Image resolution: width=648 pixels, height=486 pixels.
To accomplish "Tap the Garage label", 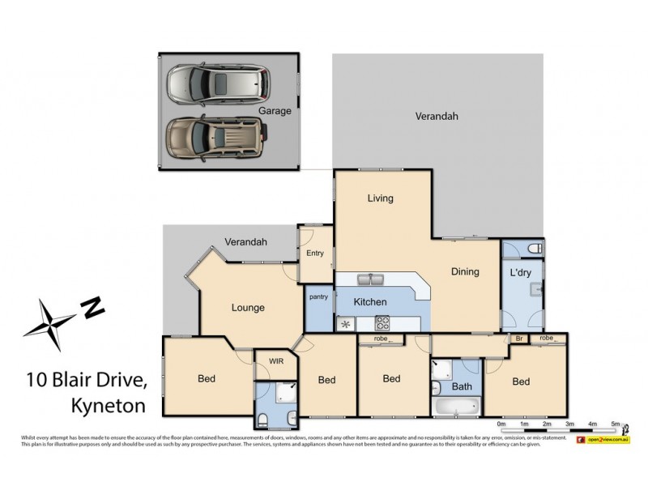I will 275,111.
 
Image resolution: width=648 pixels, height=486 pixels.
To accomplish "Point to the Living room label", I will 379,198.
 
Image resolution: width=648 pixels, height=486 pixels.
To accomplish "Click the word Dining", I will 465,272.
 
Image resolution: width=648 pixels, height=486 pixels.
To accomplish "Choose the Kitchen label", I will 369,302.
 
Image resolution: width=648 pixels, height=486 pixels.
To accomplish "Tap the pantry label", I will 318,296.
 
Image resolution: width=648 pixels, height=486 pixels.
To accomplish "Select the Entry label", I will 314,254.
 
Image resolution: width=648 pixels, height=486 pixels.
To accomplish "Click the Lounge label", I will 248,308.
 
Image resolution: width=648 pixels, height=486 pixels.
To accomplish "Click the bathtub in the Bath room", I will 456,405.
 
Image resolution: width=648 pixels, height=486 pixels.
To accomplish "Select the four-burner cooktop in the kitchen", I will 382,324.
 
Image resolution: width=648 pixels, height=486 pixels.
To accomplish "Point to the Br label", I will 518,338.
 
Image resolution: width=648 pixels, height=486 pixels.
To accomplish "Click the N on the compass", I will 94,307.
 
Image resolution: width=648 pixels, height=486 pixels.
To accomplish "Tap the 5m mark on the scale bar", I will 615,424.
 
